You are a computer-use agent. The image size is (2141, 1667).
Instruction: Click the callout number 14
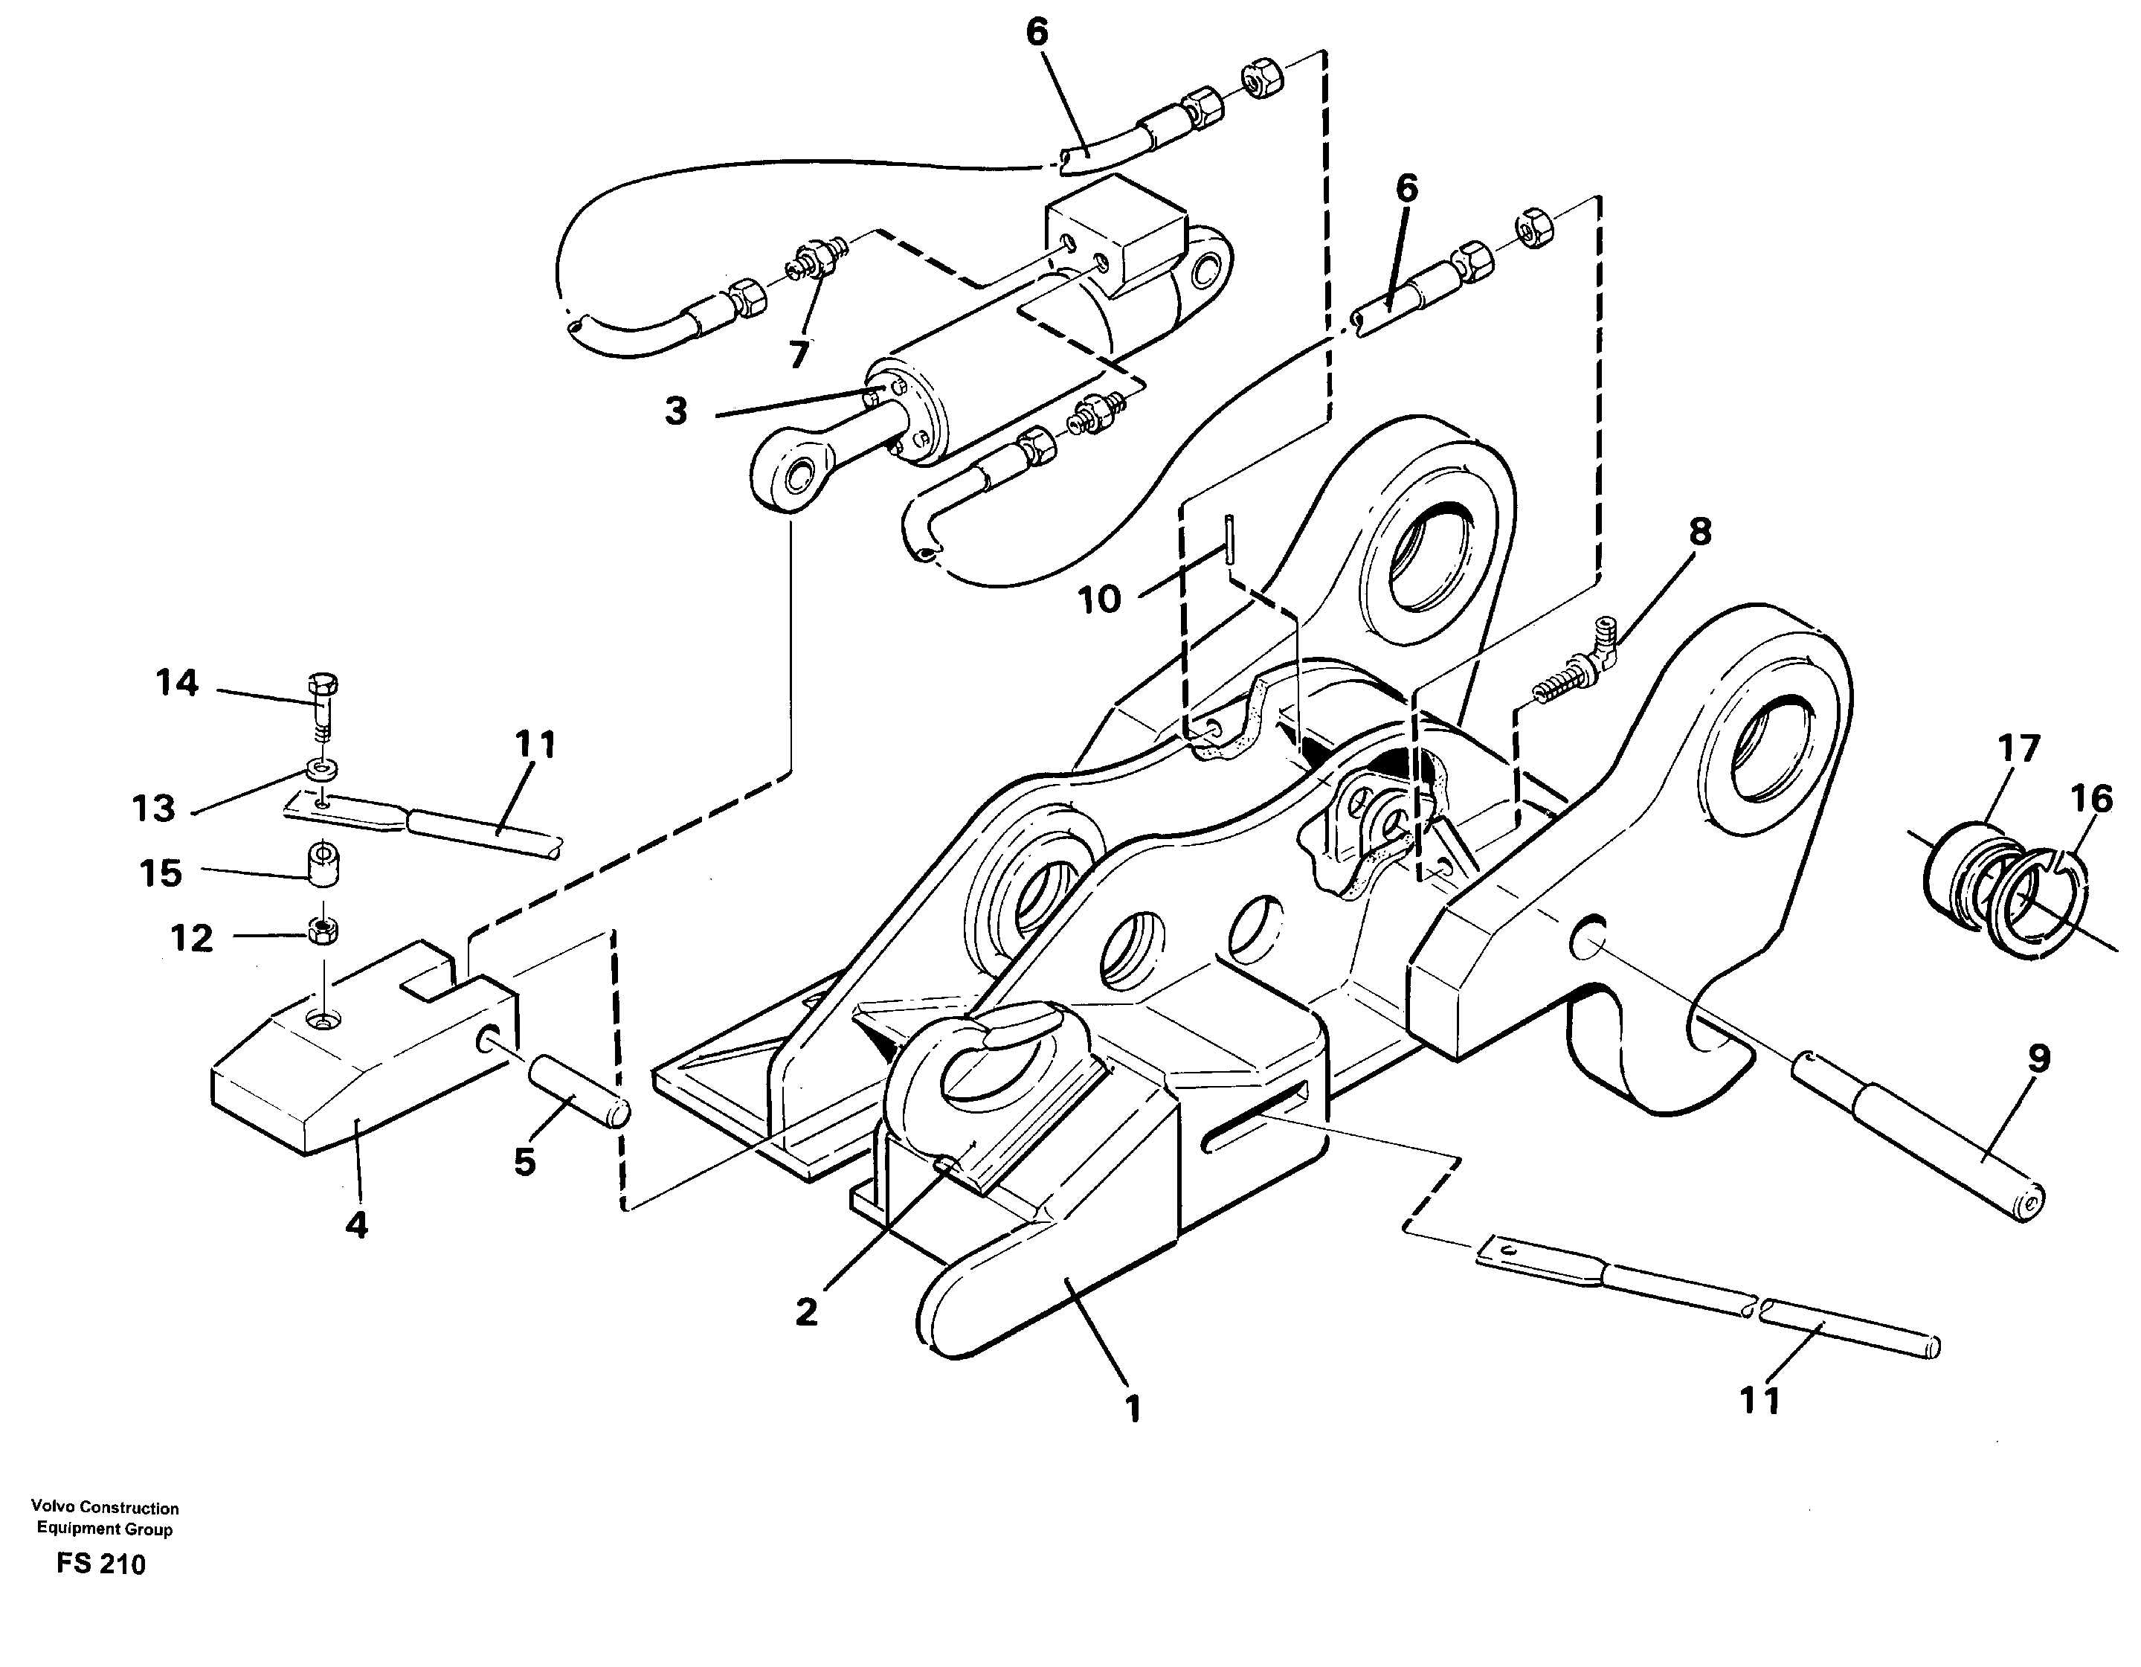pyautogui.click(x=178, y=682)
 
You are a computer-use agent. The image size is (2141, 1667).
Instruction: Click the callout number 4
pyautogui.click(x=357, y=1224)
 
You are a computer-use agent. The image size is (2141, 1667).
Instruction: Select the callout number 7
pyautogui.click(x=799, y=353)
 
